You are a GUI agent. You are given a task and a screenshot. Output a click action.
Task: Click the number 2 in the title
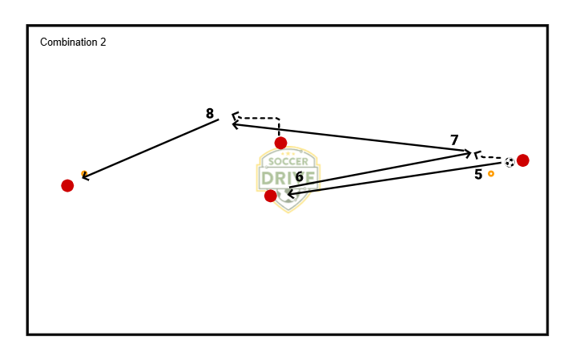point(103,42)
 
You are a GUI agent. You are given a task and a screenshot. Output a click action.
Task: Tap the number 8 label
point(210,114)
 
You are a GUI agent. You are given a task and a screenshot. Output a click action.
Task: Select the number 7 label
point(454,140)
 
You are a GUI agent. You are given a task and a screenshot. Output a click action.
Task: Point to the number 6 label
point(299,176)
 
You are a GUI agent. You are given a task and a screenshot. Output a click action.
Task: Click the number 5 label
point(478,174)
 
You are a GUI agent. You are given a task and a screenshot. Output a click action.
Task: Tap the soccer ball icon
point(510,162)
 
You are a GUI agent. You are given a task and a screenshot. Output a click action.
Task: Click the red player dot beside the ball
point(523,160)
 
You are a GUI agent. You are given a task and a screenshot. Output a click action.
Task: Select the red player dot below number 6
point(271,196)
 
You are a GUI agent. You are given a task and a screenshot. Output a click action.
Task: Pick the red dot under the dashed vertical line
point(280,143)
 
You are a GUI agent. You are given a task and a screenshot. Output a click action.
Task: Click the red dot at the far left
point(67,186)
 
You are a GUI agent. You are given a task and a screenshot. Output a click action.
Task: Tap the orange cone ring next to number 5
point(491,173)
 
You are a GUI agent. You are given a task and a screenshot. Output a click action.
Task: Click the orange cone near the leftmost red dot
point(84,173)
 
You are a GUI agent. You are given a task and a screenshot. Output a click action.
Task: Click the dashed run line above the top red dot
point(264,119)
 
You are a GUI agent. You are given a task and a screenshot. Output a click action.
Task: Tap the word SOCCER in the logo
point(287,161)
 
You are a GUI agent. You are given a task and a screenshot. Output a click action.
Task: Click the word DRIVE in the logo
point(287,177)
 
